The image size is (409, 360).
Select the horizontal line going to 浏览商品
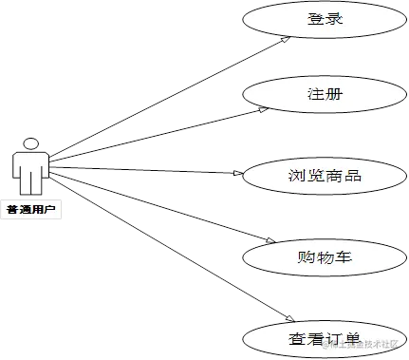coord(152,171)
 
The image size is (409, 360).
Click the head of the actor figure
coord(31,144)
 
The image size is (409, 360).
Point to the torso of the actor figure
coord(31,169)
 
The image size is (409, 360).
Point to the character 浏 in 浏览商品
coord(295,176)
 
